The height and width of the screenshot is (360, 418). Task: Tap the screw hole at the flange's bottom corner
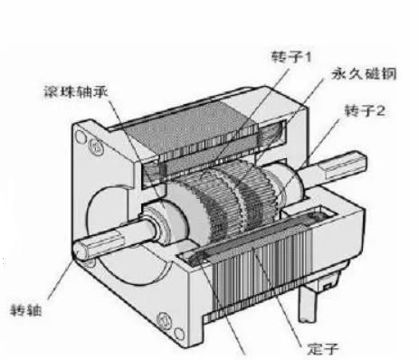[x=165, y=318]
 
